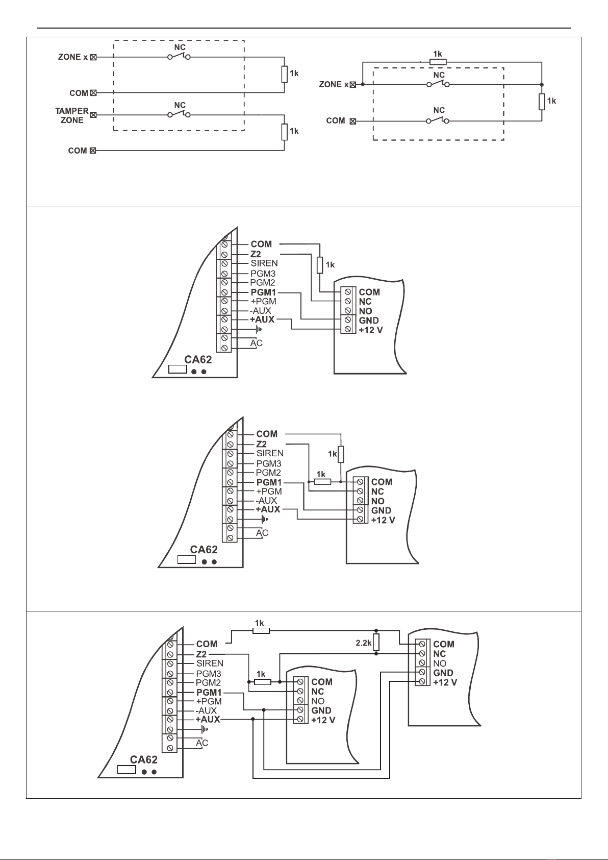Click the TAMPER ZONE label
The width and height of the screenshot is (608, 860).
[x=72, y=115]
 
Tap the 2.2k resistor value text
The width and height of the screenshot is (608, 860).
[x=363, y=643]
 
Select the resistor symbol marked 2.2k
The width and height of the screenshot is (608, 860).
[x=376, y=642]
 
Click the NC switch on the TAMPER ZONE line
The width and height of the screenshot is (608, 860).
[x=179, y=115]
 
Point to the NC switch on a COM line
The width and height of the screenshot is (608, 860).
[x=438, y=121]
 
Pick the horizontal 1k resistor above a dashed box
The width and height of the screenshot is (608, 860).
[x=438, y=62]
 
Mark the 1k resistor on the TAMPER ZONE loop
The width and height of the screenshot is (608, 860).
[x=284, y=132]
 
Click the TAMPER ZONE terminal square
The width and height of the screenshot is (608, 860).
[x=93, y=115]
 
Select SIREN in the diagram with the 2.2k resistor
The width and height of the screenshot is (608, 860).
[x=210, y=664]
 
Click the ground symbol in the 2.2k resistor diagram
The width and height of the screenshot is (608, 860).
[x=205, y=730]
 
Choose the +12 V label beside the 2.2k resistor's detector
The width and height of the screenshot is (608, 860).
[x=445, y=682]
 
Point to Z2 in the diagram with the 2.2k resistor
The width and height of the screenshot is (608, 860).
[x=201, y=654]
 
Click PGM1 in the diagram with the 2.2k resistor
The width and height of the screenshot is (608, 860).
[x=209, y=693]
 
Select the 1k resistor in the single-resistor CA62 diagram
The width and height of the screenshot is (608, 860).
[x=320, y=265]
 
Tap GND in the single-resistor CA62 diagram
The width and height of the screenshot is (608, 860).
[x=369, y=321]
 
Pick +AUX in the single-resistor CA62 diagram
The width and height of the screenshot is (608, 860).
[x=262, y=320]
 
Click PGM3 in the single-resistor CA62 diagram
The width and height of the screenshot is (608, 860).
[x=263, y=274]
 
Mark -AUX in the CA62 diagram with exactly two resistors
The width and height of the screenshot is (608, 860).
[x=267, y=500]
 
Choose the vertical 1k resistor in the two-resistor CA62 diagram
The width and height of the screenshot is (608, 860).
[x=341, y=454]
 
